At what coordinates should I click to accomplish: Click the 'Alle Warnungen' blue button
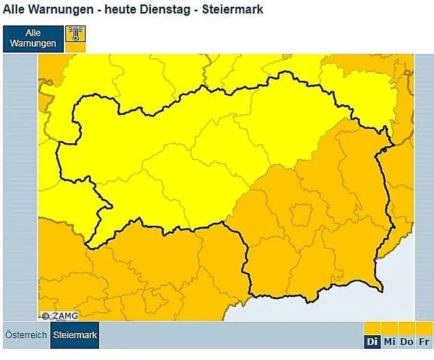tap(33, 38)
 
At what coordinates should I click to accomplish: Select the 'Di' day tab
tap(372, 341)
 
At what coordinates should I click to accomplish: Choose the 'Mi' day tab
tap(389, 341)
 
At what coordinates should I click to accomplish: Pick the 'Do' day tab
tap(407, 341)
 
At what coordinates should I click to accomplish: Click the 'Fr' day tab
tap(424, 341)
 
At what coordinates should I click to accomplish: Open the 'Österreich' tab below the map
tap(26, 335)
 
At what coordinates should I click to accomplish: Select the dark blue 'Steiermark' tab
tap(74, 335)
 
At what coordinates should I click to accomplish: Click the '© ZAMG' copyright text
tap(60, 315)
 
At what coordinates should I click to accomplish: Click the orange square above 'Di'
tap(372, 328)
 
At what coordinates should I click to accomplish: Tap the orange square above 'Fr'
tap(424, 328)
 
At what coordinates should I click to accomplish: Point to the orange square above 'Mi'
tap(389, 328)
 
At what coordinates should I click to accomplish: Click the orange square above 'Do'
tap(407, 328)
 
